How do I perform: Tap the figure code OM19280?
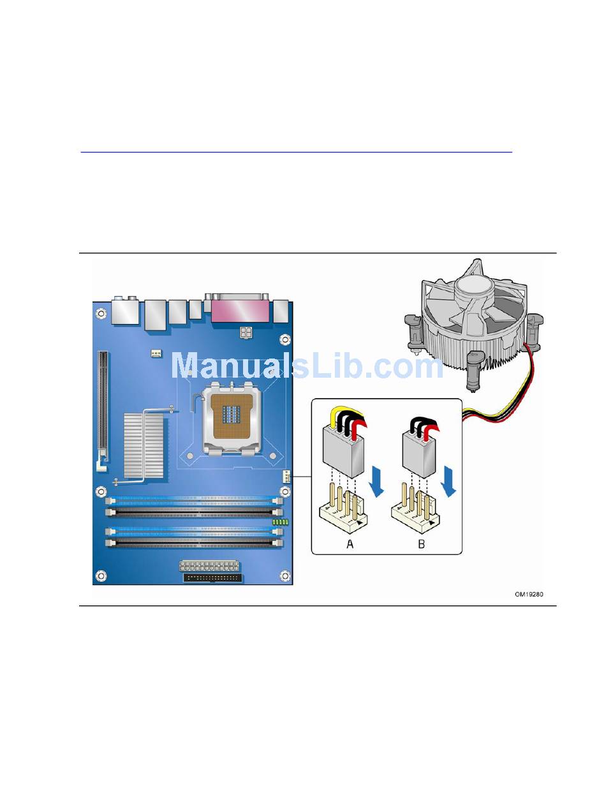(x=529, y=595)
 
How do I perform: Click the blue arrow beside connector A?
(x=377, y=480)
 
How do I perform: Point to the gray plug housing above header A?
(x=343, y=449)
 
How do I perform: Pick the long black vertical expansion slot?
(x=102, y=408)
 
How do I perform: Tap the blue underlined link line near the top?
(x=296, y=152)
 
